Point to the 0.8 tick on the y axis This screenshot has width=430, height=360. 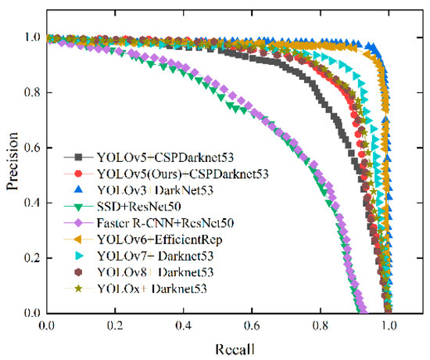pos(31,93)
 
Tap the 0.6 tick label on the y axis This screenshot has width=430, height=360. pos(31,148)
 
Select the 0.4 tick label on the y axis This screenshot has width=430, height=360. pos(31,203)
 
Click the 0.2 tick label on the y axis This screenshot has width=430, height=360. pos(31,258)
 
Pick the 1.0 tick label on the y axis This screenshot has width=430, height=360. pos(31,38)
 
